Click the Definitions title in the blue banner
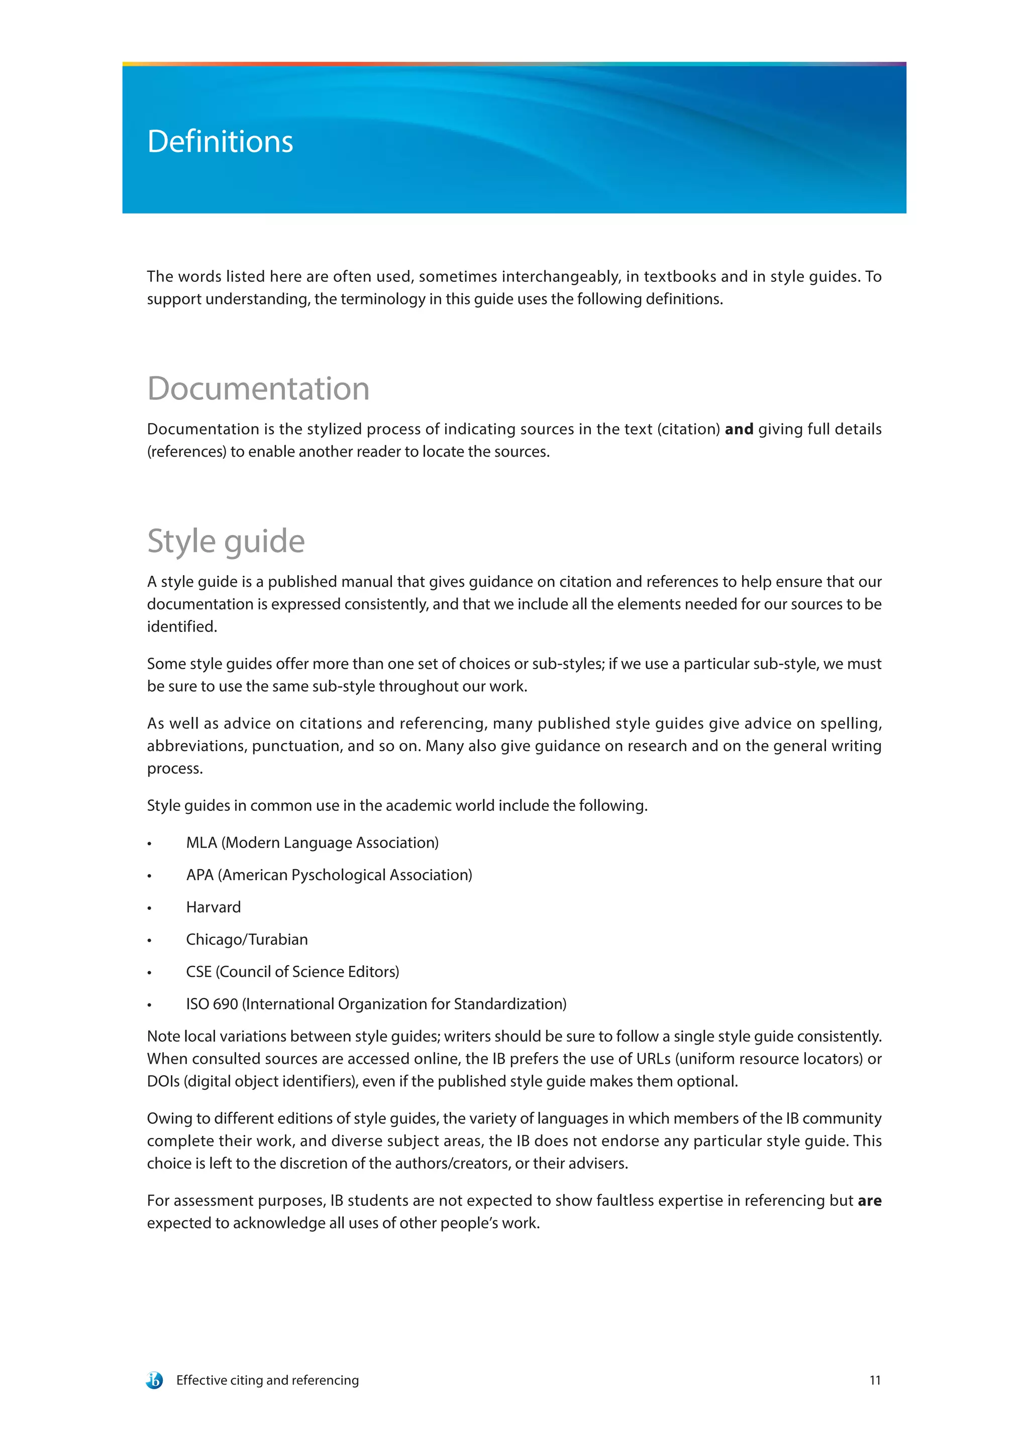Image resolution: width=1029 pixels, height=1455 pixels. click(220, 141)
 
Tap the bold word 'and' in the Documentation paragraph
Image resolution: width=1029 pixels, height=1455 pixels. click(738, 429)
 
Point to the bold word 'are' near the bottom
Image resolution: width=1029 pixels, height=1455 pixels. click(869, 1200)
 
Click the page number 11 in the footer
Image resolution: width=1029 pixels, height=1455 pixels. click(874, 1380)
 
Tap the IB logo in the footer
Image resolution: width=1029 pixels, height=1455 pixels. click(154, 1380)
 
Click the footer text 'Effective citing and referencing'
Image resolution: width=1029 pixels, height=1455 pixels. click(267, 1380)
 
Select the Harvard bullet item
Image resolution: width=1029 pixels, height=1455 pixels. click(213, 907)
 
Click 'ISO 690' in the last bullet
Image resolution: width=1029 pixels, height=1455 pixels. click(212, 1004)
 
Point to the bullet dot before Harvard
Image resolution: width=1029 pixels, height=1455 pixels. click(150, 908)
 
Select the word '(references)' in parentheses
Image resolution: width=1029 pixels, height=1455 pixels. click(186, 451)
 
